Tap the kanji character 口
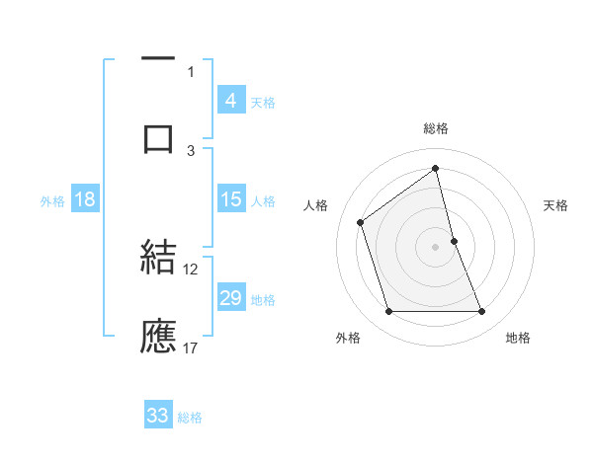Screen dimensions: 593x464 click(158, 138)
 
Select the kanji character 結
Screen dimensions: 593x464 click(158, 259)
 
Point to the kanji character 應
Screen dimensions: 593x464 click(158, 336)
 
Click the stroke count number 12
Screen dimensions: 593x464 click(191, 269)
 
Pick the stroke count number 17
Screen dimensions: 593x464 click(191, 348)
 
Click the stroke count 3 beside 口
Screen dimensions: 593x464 click(191, 150)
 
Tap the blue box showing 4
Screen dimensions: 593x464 click(230, 101)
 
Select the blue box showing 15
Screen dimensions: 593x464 click(230, 199)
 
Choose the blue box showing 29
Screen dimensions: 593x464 click(230, 298)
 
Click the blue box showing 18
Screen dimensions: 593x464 click(85, 199)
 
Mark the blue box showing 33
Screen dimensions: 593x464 click(158, 416)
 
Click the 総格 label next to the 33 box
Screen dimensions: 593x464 click(190, 418)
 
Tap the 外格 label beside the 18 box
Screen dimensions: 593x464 click(52, 201)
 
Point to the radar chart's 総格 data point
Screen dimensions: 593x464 click(435, 169)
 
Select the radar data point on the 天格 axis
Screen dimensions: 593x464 click(454, 241)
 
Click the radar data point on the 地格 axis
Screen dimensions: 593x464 click(482, 312)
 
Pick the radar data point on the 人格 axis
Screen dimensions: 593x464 click(361, 222)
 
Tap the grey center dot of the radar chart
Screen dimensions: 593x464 click(435, 247)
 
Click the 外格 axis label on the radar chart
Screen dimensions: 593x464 click(348, 338)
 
